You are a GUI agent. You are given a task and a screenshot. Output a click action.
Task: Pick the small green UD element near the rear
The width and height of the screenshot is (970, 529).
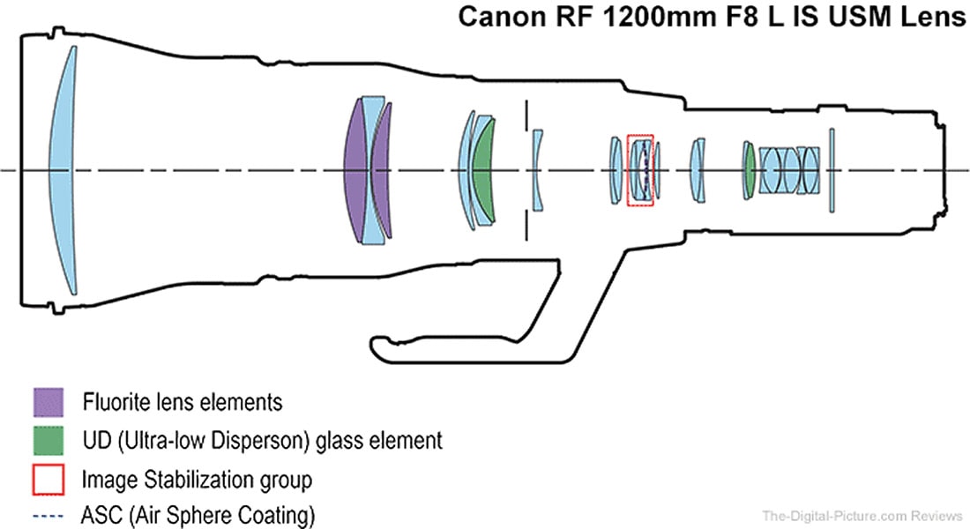(x=750, y=170)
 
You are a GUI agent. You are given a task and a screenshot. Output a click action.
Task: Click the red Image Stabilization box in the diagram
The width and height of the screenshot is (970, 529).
(x=640, y=170)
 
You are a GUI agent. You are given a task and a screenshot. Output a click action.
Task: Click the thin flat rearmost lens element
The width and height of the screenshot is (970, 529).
(x=831, y=170)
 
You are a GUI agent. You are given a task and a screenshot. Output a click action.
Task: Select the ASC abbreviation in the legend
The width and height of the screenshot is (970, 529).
(x=98, y=513)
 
